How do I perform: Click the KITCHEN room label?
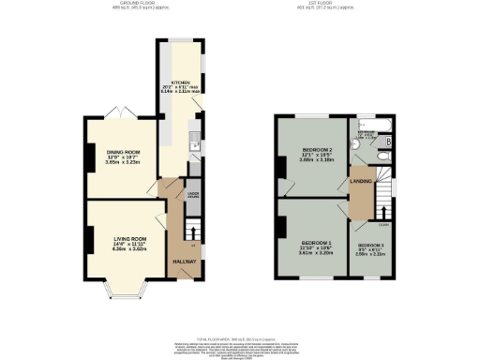click(x=181, y=82)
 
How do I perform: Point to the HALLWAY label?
click(x=184, y=262)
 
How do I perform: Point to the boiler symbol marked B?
click(x=388, y=142)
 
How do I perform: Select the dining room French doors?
click(x=121, y=113)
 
